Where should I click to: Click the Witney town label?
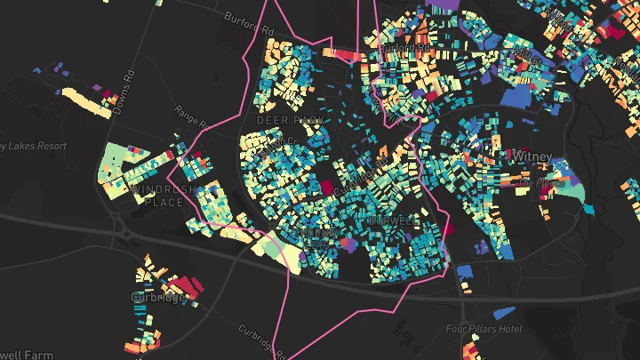tap(532, 156)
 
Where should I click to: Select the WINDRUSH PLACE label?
tap(156, 196)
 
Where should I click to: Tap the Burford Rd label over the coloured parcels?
tap(407, 47)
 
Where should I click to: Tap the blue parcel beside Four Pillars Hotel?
tap(503, 312)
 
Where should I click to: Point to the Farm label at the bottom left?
tap(27, 354)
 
